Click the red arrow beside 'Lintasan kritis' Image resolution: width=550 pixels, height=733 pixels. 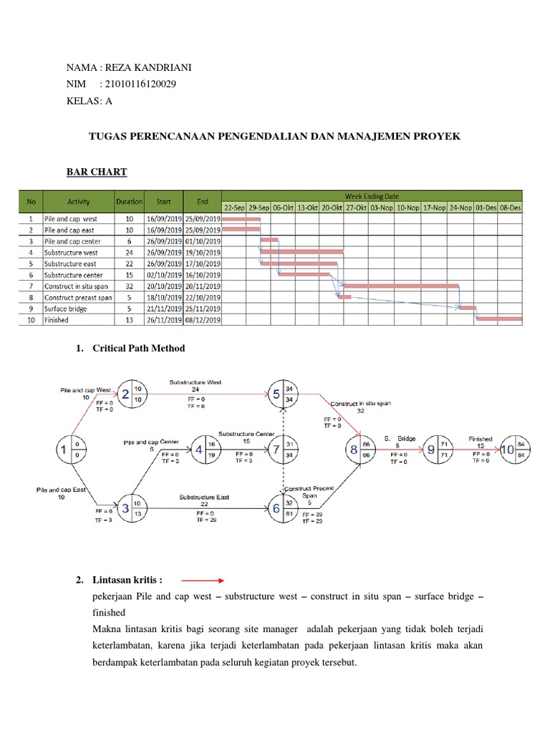coord(203,581)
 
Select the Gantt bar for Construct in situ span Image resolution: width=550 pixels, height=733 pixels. coord(401,286)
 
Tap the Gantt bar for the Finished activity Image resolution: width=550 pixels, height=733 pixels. coord(499,319)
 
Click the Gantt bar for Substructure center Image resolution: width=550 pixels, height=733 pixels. coord(304,274)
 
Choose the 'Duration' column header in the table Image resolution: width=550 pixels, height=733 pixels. coord(130,201)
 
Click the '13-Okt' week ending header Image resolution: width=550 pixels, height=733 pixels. coord(308,207)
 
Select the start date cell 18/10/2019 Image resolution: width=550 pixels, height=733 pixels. coord(163,297)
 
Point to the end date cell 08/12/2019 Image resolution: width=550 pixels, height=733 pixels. coord(203,320)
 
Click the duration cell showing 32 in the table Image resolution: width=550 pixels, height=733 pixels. coord(130,286)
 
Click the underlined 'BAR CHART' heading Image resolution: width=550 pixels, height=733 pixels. coord(97,172)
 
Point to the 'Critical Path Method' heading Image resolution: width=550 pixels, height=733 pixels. coord(139,348)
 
